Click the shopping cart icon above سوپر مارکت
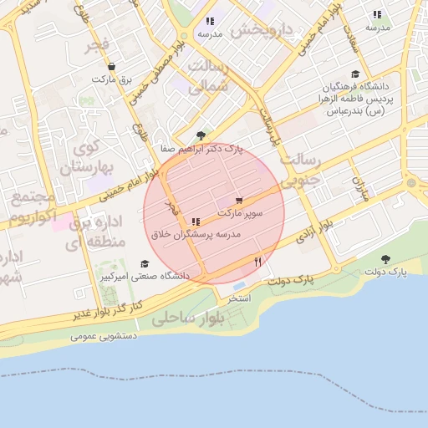coord(239,201)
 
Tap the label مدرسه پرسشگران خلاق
coord(196,236)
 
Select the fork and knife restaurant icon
coord(257,262)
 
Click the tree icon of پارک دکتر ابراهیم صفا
coord(199,135)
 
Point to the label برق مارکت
coord(112,79)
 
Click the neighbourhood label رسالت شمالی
coord(209,76)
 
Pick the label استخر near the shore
coord(240,298)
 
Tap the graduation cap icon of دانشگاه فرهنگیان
coord(355,74)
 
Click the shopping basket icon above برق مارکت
coord(112,66)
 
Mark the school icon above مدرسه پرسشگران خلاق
coord(196,222)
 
